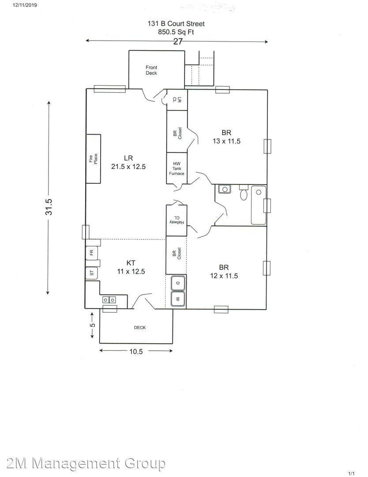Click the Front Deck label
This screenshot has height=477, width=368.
[x=151, y=70]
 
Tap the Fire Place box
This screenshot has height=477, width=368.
[x=93, y=159]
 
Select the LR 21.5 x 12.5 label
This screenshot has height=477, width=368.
[x=128, y=162]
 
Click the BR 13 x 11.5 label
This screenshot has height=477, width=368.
[x=226, y=137]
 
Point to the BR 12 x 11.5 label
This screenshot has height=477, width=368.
[x=224, y=272]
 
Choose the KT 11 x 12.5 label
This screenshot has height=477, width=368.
[x=131, y=267]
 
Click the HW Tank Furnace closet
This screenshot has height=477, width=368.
[x=176, y=168]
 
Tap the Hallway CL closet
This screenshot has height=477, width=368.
[x=176, y=220]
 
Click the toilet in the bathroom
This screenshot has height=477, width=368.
[x=244, y=192]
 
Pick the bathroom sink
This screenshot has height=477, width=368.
[x=225, y=189]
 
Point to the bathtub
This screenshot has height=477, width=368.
[x=259, y=205]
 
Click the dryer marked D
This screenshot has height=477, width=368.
[x=178, y=283]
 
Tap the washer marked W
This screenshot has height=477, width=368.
[x=178, y=299]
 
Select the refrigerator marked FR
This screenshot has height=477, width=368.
[x=91, y=252]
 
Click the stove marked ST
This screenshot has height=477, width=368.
[x=91, y=273]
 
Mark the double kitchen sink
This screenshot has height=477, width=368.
[x=109, y=300]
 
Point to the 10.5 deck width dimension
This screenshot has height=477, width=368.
[x=136, y=352]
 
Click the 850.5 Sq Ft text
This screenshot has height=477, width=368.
[x=176, y=32]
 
